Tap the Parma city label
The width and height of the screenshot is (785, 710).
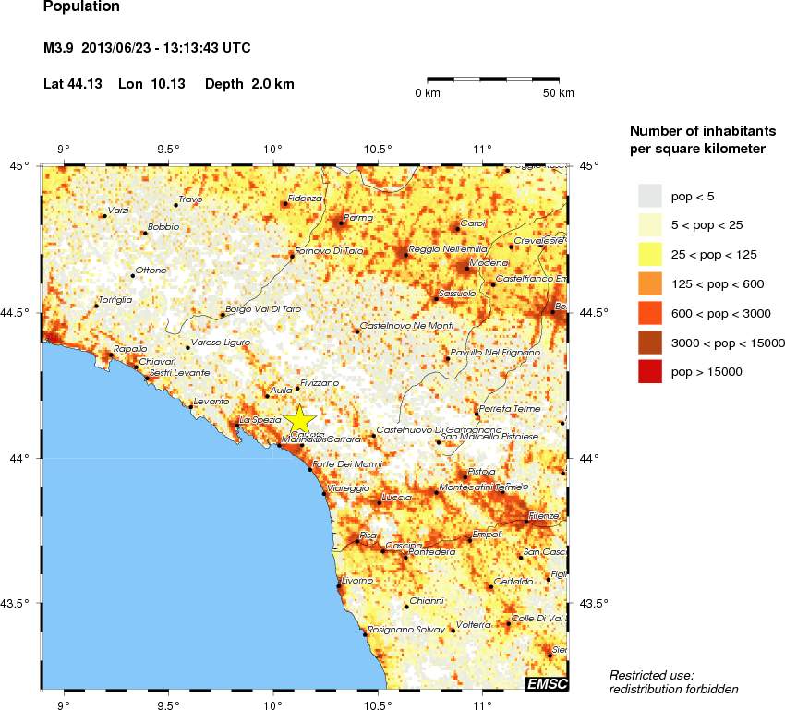coord(357,218)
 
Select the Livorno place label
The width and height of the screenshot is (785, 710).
coord(356,580)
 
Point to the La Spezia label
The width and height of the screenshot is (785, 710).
coord(260,420)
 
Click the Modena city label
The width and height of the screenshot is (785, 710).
coord(483,263)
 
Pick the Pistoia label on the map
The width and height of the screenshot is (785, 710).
coord(481,471)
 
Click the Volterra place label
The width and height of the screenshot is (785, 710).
coord(474,625)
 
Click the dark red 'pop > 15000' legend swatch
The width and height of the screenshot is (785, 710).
coord(651,371)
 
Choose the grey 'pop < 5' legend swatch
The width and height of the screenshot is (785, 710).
coord(651,195)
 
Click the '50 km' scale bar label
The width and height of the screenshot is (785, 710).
coord(558,93)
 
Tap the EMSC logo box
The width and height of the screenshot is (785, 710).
coord(546,684)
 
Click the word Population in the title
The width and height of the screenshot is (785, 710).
coord(81,7)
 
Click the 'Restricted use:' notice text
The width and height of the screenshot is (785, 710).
coord(652,675)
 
